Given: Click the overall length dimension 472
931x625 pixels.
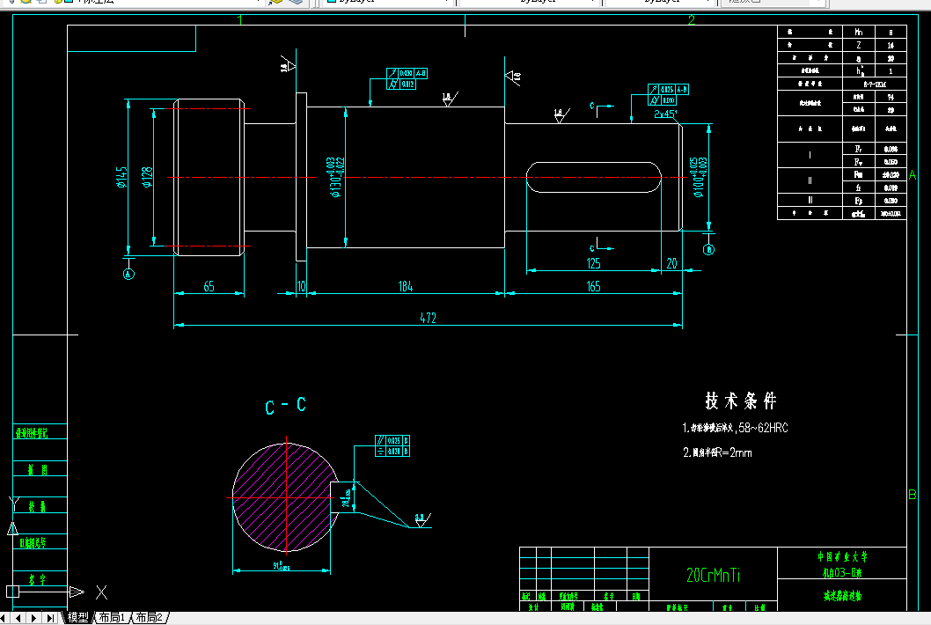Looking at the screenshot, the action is coord(429,318).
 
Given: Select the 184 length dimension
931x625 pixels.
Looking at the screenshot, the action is coord(406,286).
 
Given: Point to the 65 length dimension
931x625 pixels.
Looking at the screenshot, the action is coord(209,286).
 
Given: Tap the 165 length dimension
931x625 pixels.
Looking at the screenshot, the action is coord(592,286).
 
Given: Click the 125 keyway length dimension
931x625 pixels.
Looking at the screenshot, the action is coord(593,263).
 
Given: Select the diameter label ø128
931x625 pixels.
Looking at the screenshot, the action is coord(147,178).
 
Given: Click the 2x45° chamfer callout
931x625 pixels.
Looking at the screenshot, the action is coord(665,114).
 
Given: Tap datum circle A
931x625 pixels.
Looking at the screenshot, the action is coord(128,274).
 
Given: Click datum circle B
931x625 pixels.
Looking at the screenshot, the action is coord(709,250).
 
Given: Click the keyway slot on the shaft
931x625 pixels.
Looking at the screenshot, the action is coord(594,178).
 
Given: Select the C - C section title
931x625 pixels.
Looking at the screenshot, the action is coord(285,406).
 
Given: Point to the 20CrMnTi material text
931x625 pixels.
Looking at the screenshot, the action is coord(713,576).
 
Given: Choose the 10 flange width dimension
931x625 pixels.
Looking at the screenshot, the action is coord(302,286).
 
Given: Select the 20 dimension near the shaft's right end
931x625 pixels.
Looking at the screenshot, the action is coord(671,263).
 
